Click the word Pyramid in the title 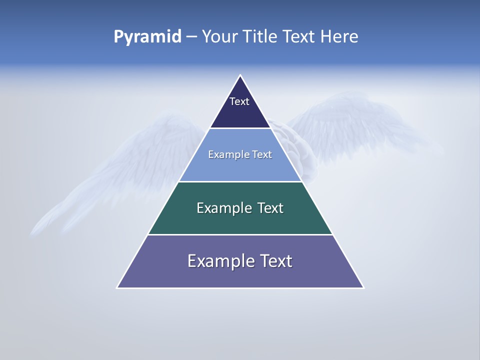tap(147, 37)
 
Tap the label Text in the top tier tap(239, 101)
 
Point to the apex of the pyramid tap(240, 75)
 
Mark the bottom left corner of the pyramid tap(117, 287)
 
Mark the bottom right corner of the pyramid tap(363, 287)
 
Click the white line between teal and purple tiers tap(240, 234)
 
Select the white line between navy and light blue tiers tap(240, 128)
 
